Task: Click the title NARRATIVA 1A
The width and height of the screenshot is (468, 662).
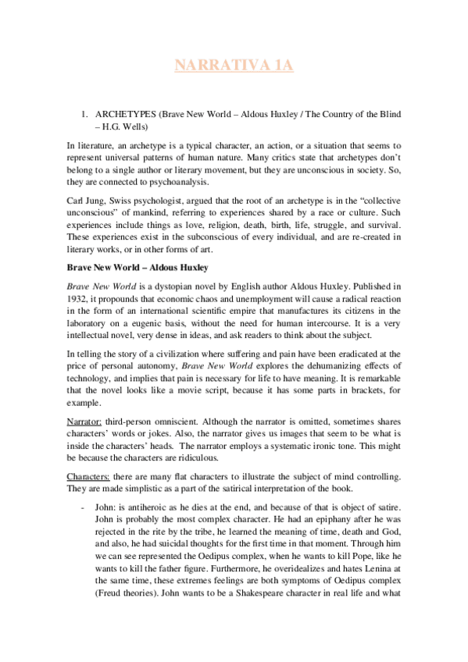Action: pos(234,66)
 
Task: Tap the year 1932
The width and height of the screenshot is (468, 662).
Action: pos(77,298)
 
